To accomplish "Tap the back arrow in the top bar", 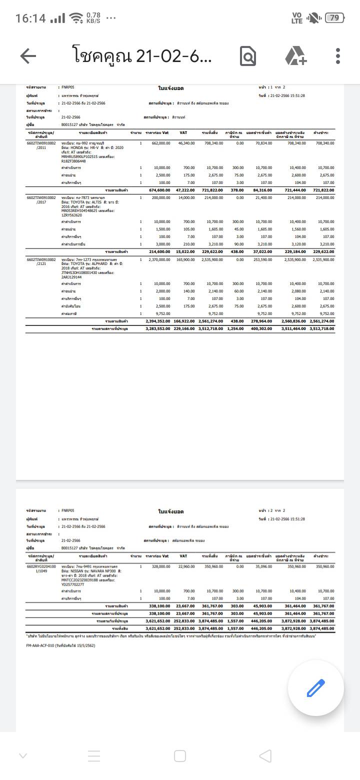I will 28,56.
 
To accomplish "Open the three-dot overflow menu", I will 338,56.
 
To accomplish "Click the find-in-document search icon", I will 248,56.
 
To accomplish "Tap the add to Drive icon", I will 296,56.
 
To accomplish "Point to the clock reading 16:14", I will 30,18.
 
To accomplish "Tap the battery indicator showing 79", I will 334,18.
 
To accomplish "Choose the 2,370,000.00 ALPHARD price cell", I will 159,260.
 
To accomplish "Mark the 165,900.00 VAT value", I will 185,260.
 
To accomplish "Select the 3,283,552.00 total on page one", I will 157,329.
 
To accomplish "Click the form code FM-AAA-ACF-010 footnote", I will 60,645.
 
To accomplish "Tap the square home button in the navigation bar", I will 180,755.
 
